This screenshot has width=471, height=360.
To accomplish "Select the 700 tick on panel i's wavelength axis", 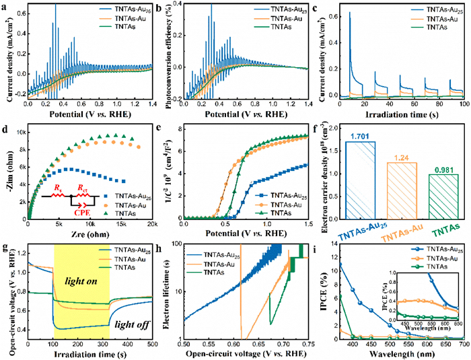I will coord(464,345).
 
